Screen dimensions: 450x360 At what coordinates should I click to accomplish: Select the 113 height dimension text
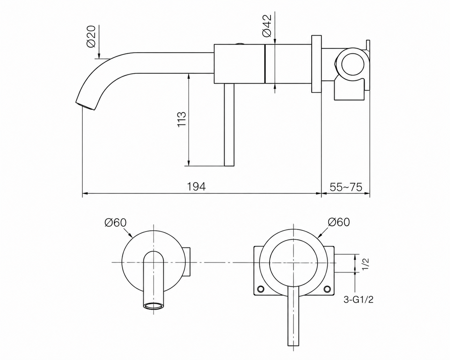[181, 119]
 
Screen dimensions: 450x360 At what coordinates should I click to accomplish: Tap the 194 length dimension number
[196, 187]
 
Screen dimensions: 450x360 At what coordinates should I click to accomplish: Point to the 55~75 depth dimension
[346, 187]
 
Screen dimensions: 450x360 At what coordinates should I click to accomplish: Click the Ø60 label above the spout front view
[116, 223]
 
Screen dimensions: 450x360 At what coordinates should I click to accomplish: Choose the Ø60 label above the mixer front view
[339, 222]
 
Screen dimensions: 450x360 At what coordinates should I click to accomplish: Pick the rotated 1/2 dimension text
[366, 264]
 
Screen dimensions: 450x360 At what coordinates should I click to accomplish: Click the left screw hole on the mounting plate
[261, 289]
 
